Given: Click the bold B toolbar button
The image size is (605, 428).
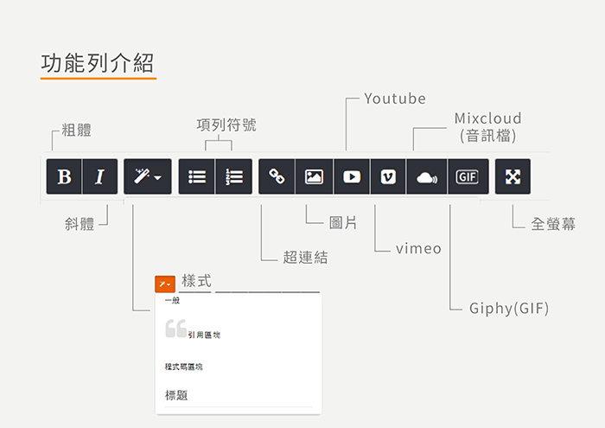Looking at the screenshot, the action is (x=64, y=176).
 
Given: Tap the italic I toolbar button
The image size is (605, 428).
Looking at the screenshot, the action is (x=100, y=176).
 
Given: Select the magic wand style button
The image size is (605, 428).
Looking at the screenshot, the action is (x=148, y=176).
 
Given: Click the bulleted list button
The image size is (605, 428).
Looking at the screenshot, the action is (x=196, y=176).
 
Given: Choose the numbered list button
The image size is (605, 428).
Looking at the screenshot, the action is (x=234, y=176).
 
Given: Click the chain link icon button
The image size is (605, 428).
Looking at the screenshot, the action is (x=277, y=176).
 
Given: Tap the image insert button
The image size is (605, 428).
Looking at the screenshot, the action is (x=314, y=176).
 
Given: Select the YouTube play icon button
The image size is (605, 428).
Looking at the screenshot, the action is (x=352, y=176).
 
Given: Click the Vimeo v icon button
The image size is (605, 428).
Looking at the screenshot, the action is (x=388, y=176).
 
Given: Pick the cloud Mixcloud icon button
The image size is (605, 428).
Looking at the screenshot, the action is (x=427, y=176).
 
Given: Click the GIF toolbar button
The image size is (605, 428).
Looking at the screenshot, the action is (x=468, y=176).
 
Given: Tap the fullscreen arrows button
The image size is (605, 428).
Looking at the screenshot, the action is (x=513, y=176).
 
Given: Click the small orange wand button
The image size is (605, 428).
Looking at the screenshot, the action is (x=165, y=284).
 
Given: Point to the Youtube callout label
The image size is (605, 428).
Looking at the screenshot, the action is (x=395, y=99).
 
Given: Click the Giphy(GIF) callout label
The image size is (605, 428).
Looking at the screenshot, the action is (x=508, y=309).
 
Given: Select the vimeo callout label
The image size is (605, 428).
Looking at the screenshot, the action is (x=418, y=248).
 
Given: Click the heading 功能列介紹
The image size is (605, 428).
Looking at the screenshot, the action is (x=98, y=63).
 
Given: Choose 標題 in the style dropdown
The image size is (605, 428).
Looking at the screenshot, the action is (x=176, y=395).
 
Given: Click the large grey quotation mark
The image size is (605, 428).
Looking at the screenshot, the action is (x=176, y=329).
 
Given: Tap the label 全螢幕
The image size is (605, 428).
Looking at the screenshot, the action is (x=553, y=224).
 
